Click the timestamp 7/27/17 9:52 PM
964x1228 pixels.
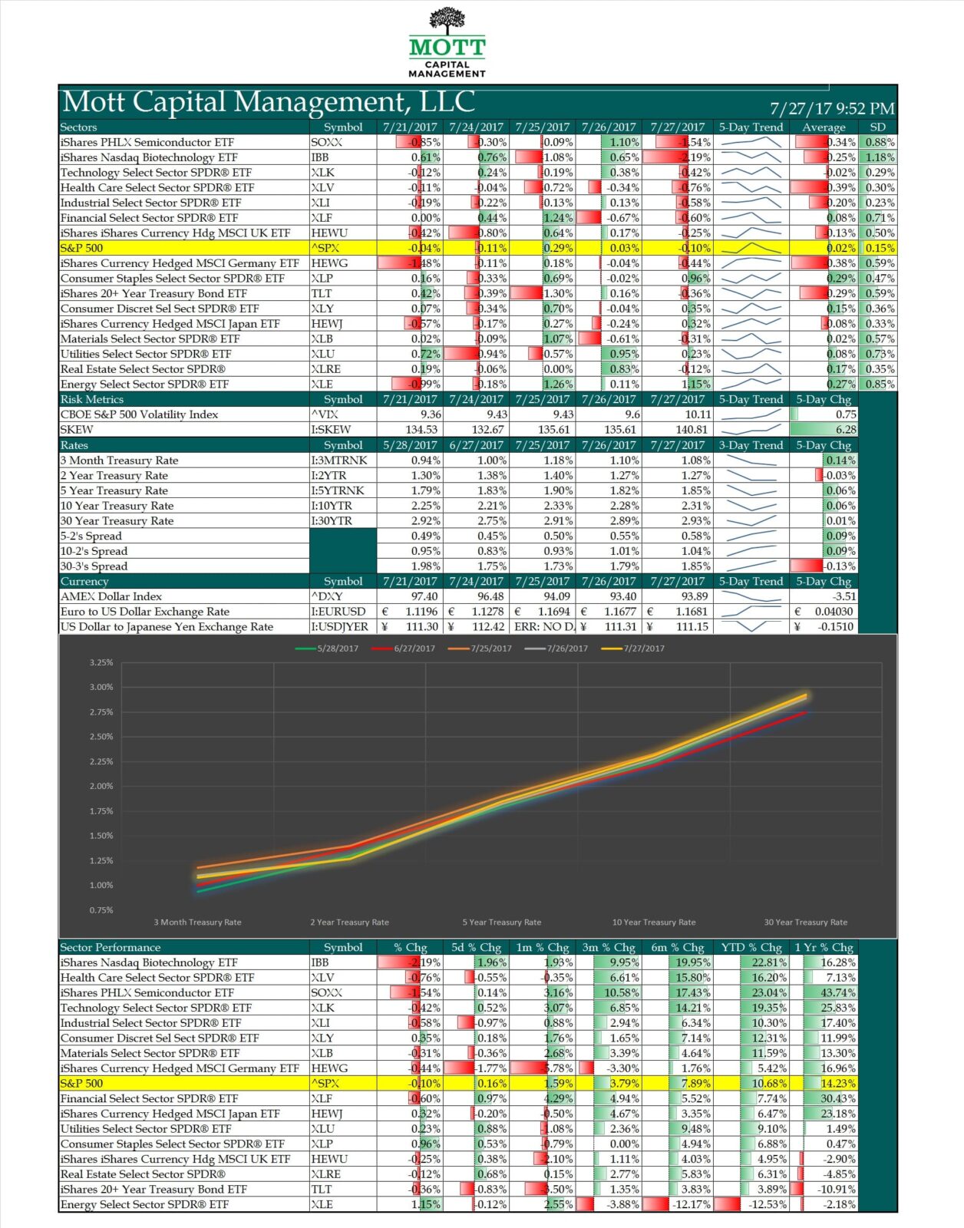click(x=832, y=109)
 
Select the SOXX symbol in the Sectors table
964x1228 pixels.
click(x=327, y=142)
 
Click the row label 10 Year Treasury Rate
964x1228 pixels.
click(x=117, y=506)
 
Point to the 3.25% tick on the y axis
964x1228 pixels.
click(x=101, y=662)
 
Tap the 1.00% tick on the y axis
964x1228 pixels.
click(x=101, y=885)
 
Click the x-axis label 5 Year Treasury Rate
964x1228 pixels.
click(x=501, y=923)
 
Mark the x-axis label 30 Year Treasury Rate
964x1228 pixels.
click(x=805, y=923)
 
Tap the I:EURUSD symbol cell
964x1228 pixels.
click(x=338, y=612)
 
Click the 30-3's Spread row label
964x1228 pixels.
click(x=94, y=566)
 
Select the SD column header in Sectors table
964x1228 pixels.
click(x=877, y=127)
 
